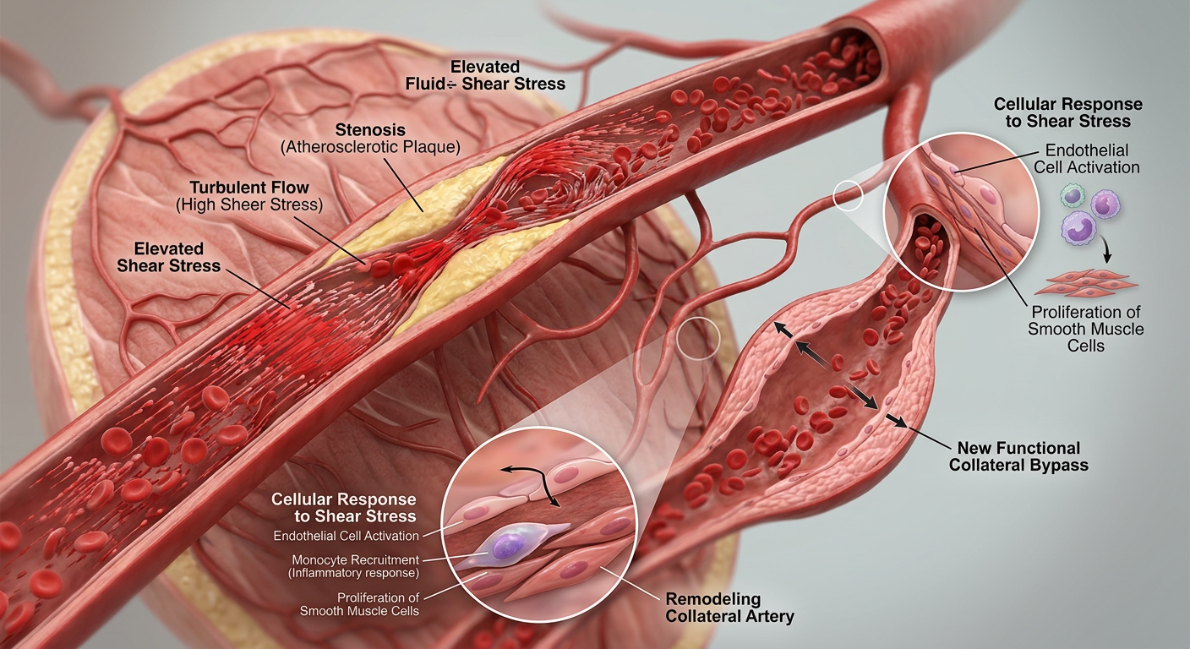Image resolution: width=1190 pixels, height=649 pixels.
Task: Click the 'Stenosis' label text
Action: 370,129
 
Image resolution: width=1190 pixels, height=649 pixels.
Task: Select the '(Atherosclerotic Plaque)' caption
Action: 370,146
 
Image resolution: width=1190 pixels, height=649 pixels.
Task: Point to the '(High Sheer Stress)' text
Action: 249,205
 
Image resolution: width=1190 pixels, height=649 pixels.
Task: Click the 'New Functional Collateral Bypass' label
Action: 1018,456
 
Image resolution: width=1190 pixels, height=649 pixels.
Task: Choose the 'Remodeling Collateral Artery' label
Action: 729,608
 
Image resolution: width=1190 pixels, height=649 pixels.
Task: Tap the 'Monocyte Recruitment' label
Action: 356,559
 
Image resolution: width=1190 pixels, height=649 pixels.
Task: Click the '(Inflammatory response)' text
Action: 353,573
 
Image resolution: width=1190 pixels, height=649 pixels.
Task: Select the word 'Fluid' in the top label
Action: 425,84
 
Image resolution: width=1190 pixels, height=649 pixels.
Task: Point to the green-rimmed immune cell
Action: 1073,196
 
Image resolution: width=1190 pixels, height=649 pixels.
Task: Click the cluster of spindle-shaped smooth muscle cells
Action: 1085,283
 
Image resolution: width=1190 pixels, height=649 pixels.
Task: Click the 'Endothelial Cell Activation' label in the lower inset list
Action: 346,536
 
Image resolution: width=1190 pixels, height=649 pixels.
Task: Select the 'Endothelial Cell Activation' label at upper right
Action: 1086,159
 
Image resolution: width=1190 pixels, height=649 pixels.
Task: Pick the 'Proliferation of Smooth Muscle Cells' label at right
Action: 1086,329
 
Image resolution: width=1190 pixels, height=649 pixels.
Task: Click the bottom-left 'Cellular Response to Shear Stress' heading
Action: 344,507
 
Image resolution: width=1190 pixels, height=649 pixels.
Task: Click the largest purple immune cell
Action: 1078,228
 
